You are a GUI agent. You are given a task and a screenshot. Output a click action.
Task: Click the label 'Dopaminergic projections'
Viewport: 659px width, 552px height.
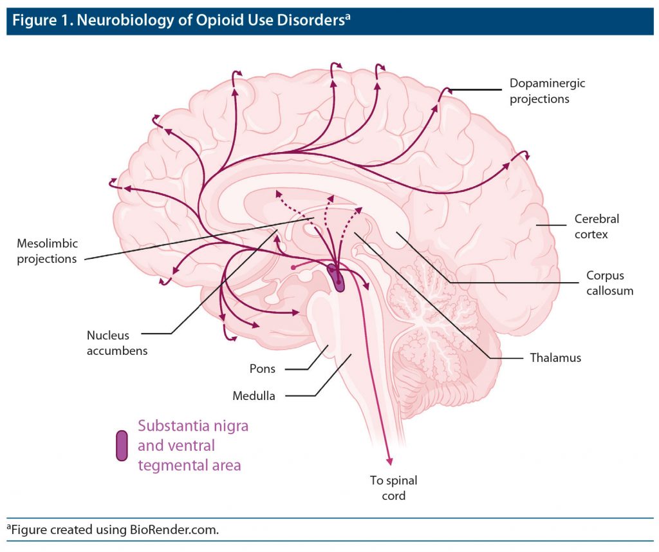539,91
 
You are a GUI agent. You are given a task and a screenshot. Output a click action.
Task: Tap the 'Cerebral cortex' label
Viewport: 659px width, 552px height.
597,227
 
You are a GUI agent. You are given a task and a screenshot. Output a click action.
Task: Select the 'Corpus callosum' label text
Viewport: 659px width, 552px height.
609,283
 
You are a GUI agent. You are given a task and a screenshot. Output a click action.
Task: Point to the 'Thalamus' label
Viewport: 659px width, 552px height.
555,357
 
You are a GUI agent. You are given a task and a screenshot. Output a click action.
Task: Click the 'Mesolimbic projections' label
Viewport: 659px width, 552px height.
47,251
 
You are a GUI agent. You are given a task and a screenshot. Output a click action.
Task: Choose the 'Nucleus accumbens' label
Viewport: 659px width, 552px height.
117,343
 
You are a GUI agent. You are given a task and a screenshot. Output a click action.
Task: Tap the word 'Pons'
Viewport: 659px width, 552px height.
263,369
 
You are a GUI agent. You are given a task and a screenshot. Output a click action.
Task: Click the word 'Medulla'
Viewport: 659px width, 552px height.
254,396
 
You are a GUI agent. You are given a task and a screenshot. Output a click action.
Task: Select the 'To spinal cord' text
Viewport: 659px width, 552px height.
393,488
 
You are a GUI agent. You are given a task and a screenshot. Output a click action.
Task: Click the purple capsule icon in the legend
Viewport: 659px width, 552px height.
121,446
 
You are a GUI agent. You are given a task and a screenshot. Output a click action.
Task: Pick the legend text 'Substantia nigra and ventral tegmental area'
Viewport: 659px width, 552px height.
193,445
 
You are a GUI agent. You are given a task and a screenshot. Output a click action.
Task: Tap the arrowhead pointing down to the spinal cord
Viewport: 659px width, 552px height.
389,459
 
